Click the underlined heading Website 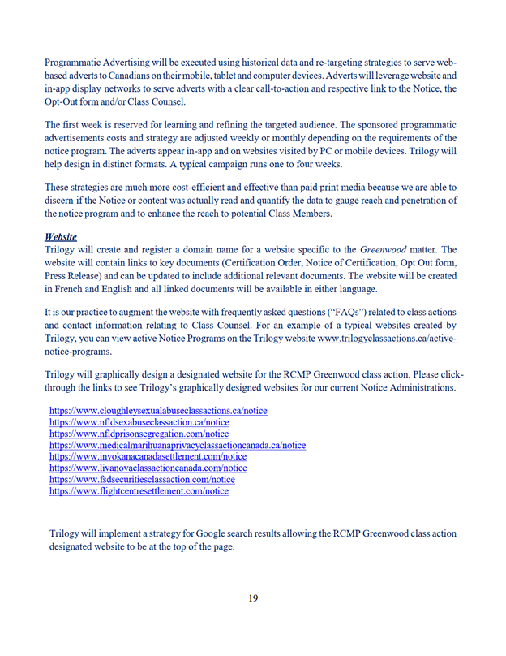click(61, 236)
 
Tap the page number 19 click(253, 598)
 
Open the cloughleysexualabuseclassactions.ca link click(158, 411)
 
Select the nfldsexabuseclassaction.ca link click(139, 422)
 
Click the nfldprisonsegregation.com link click(139, 434)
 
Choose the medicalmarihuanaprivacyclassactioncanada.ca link click(178, 445)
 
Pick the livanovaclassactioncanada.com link click(148, 468)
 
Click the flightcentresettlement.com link click(139, 490)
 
